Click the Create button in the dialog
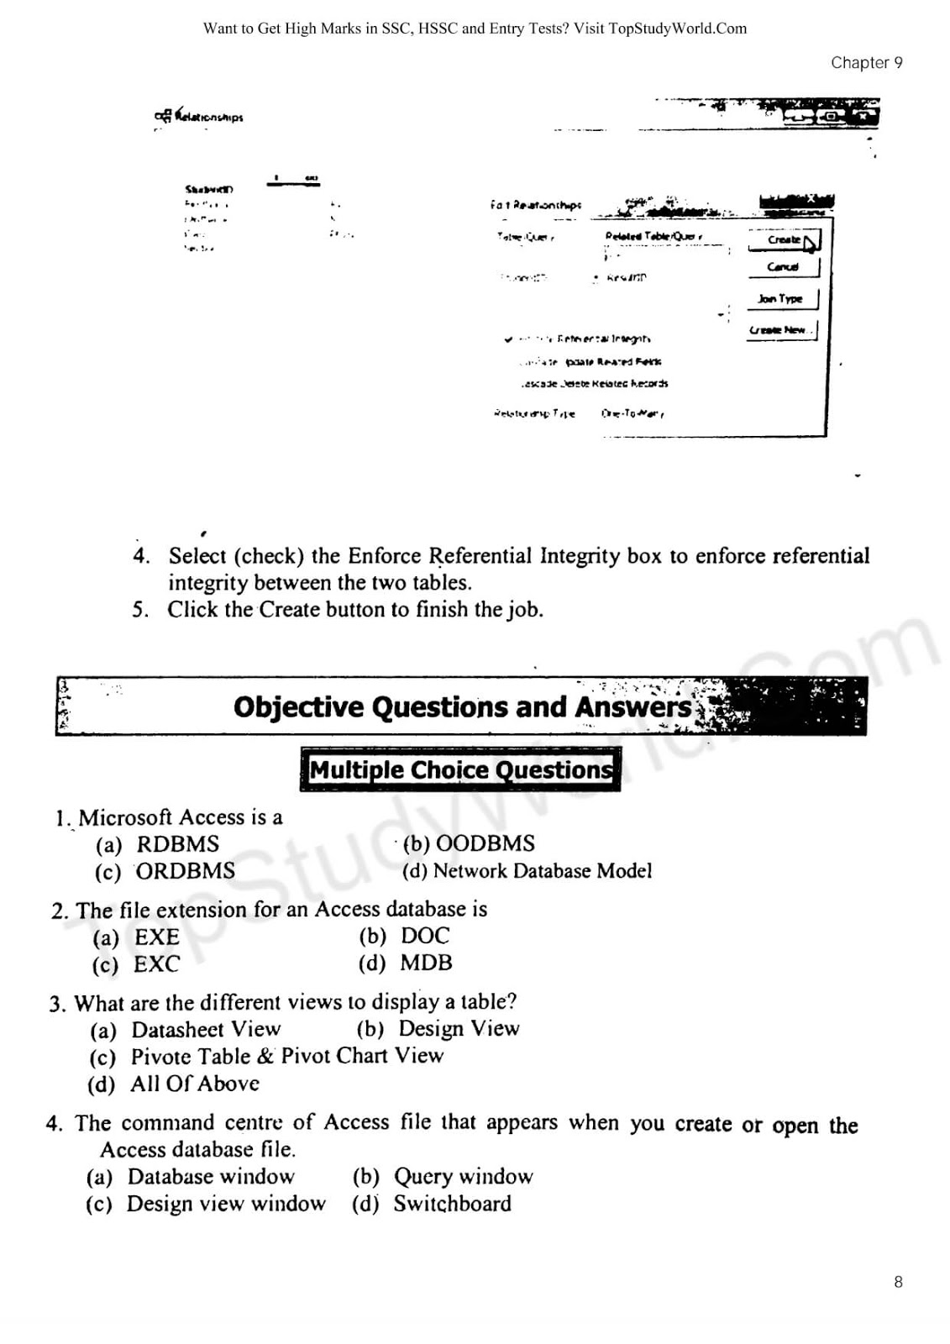(x=783, y=240)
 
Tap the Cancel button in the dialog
(x=782, y=267)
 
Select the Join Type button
(x=780, y=299)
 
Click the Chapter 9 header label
(x=866, y=63)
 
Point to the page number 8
(x=898, y=1282)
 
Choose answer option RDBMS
(x=177, y=844)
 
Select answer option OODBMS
(x=485, y=843)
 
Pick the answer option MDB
(x=426, y=963)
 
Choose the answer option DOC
(x=425, y=936)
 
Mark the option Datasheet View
(x=206, y=1030)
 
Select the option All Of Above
(x=194, y=1084)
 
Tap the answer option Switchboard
(x=452, y=1204)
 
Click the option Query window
(x=463, y=1177)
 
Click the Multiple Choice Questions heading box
(x=460, y=769)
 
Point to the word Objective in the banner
(x=298, y=707)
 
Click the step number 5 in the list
(x=139, y=610)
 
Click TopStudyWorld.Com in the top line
(x=677, y=29)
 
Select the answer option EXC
(x=156, y=964)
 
